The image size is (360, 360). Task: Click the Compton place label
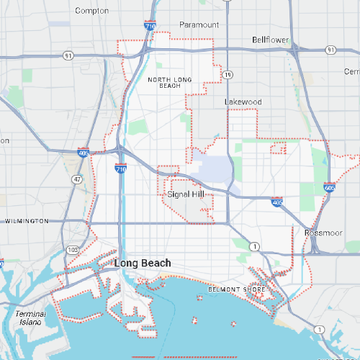point(92,11)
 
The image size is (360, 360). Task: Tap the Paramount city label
point(199,24)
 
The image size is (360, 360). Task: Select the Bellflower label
point(270,40)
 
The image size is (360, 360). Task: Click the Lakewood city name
point(243,102)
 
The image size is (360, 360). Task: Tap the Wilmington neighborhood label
point(27,220)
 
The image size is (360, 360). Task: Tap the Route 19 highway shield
point(228,74)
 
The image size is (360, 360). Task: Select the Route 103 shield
point(72,249)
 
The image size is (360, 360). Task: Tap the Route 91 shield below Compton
point(68,55)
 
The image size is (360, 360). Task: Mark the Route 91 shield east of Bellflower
point(330,50)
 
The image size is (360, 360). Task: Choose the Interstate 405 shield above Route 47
point(84,153)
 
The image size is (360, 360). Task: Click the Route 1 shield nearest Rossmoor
point(254,246)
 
